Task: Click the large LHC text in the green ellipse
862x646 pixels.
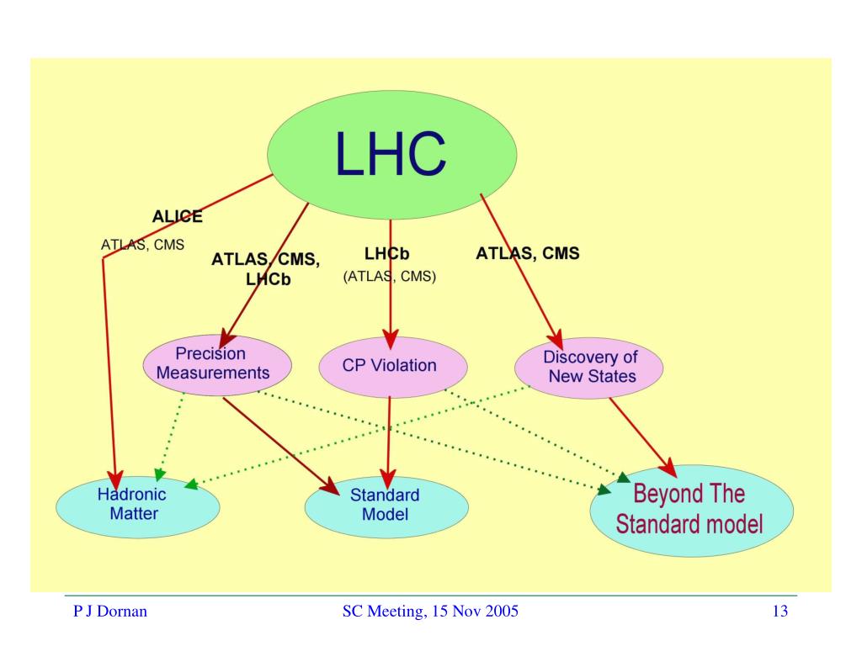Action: tap(391, 154)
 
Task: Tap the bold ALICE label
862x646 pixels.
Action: tap(177, 216)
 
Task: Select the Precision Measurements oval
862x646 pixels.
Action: tap(217, 365)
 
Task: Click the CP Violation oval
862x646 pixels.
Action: tap(393, 367)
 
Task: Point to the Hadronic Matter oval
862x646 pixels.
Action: tap(138, 506)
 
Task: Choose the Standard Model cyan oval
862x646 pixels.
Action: tap(386, 507)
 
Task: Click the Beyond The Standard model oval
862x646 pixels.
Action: tap(692, 511)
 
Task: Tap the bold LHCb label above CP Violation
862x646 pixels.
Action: tap(387, 254)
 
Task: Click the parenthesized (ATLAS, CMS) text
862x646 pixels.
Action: tap(390, 276)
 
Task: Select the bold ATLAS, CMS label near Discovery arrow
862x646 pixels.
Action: tap(528, 253)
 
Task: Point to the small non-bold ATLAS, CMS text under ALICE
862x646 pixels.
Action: tap(142, 245)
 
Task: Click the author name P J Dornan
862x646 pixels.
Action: tap(110, 611)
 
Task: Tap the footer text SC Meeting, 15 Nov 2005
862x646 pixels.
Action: tap(430, 611)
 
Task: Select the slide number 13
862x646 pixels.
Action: tap(780, 611)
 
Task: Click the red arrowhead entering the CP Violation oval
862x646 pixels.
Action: tap(391, 340)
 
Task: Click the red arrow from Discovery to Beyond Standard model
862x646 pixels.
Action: tap(643, 437)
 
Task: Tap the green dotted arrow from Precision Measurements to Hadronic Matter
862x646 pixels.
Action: tap(169, 437)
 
